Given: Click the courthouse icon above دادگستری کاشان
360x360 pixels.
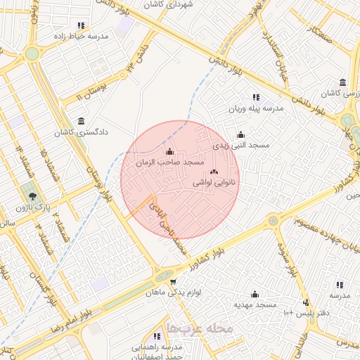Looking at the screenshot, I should pyautogui.click(x=82, y=120).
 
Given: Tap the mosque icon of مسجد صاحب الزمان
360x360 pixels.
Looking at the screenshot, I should pyautogui.click(x=169, y=151).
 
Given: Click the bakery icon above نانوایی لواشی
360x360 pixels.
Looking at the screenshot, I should pyautogui.click(x=214, y=172).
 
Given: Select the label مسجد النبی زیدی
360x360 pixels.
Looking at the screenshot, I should pyautogui.click(x=240, y=146).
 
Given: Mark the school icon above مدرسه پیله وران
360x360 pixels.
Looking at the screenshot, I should pyautogui.click(x=255, y=98).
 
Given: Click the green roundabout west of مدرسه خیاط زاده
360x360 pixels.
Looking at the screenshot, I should pyautogui.click(x=32, y=53).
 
